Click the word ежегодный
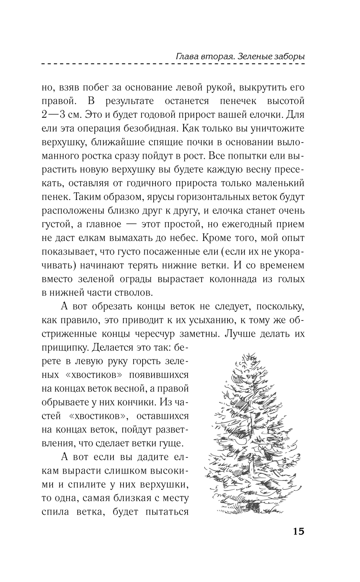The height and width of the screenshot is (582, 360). pos(248,224)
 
